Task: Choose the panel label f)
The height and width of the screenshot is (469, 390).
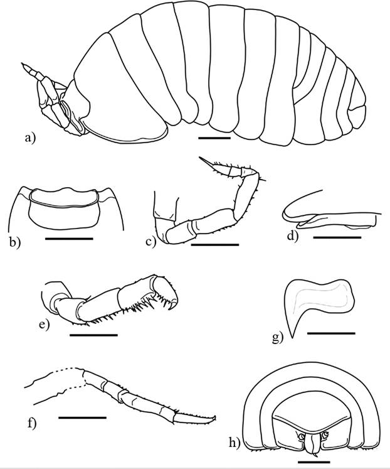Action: click(30, 422)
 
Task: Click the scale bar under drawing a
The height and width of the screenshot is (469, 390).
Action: click(214, 136)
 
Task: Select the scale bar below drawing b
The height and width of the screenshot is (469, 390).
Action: click(68, 239)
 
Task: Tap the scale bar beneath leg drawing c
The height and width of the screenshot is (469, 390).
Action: click(214, 244)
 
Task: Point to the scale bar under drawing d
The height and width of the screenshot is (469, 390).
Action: click(337, 237)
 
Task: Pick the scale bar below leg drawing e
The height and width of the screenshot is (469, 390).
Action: click(93, 335)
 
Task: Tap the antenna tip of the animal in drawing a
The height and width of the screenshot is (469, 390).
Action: click(23, 65)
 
